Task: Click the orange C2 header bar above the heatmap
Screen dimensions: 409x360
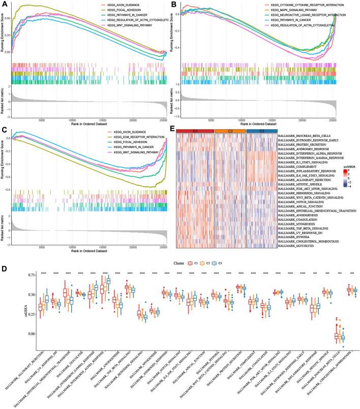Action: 230,132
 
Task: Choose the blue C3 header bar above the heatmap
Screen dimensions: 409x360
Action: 261,132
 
